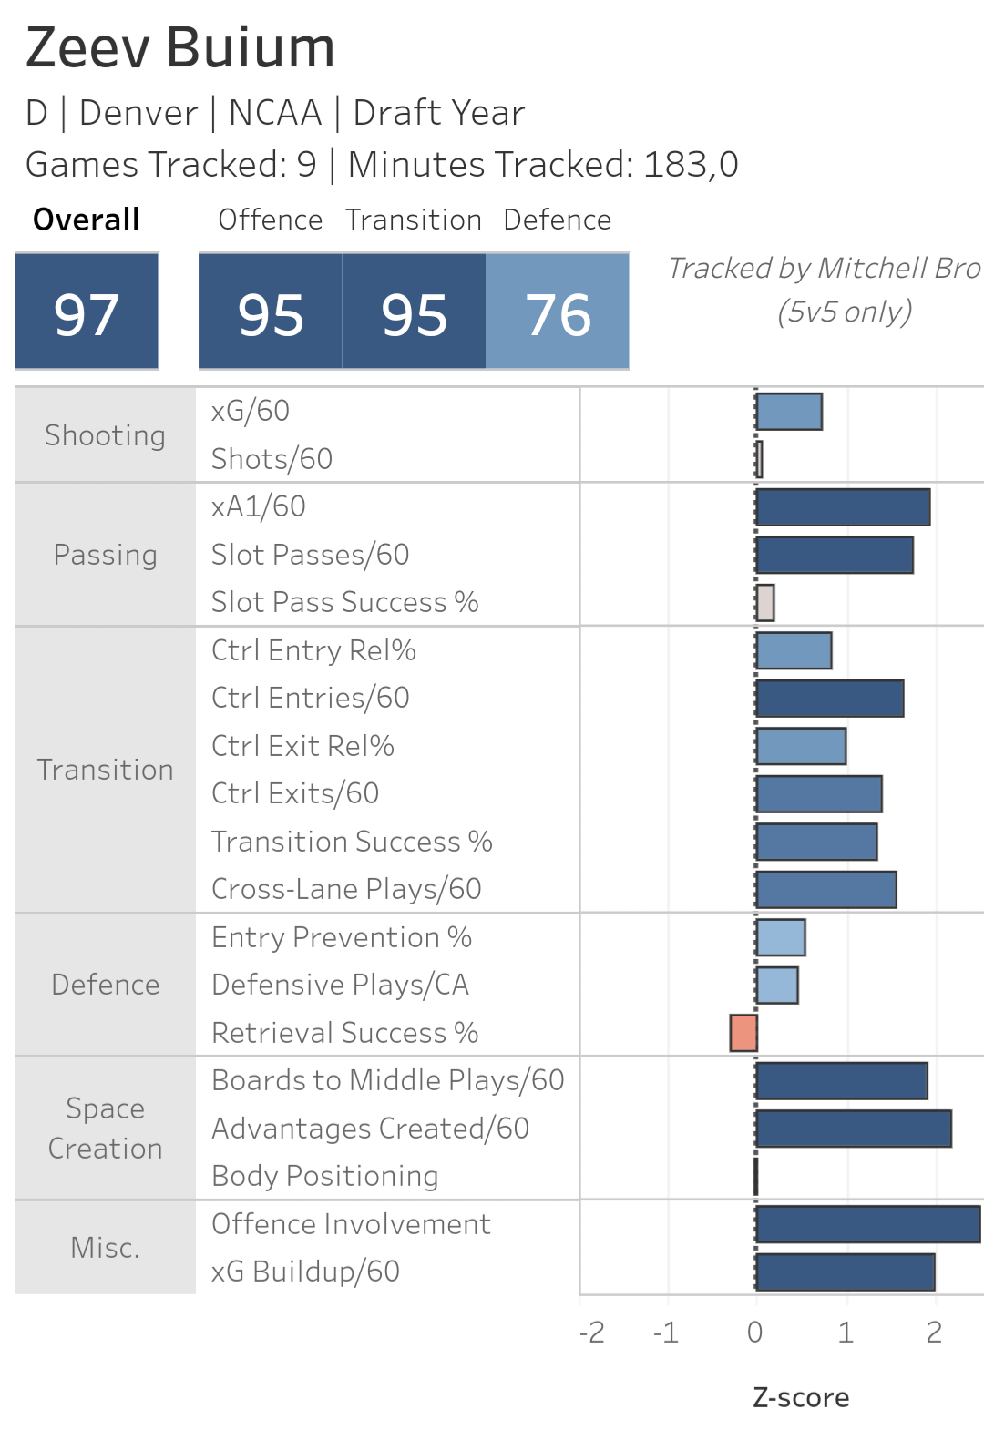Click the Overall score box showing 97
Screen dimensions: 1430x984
87,312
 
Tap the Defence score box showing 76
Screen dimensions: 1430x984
558,312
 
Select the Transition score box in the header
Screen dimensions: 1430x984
414,312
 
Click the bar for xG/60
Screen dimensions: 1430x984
789,412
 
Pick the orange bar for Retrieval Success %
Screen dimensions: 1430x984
743,1033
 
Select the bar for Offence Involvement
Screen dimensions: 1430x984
867,1224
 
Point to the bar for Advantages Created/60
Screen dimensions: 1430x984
854,1129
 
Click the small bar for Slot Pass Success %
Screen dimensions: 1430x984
765,603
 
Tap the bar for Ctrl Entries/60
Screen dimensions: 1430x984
830,699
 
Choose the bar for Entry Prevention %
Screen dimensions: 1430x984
781,937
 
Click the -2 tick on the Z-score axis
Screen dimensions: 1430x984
592,1333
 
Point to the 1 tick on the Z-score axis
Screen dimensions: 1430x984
846,1333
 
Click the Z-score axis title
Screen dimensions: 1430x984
801,1397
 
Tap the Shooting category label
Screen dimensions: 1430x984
105,435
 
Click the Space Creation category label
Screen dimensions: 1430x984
105,1129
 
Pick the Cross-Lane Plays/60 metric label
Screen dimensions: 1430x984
346,889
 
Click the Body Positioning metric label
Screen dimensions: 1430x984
325,1176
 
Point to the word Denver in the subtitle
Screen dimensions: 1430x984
138,113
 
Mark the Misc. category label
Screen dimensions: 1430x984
105,1248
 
